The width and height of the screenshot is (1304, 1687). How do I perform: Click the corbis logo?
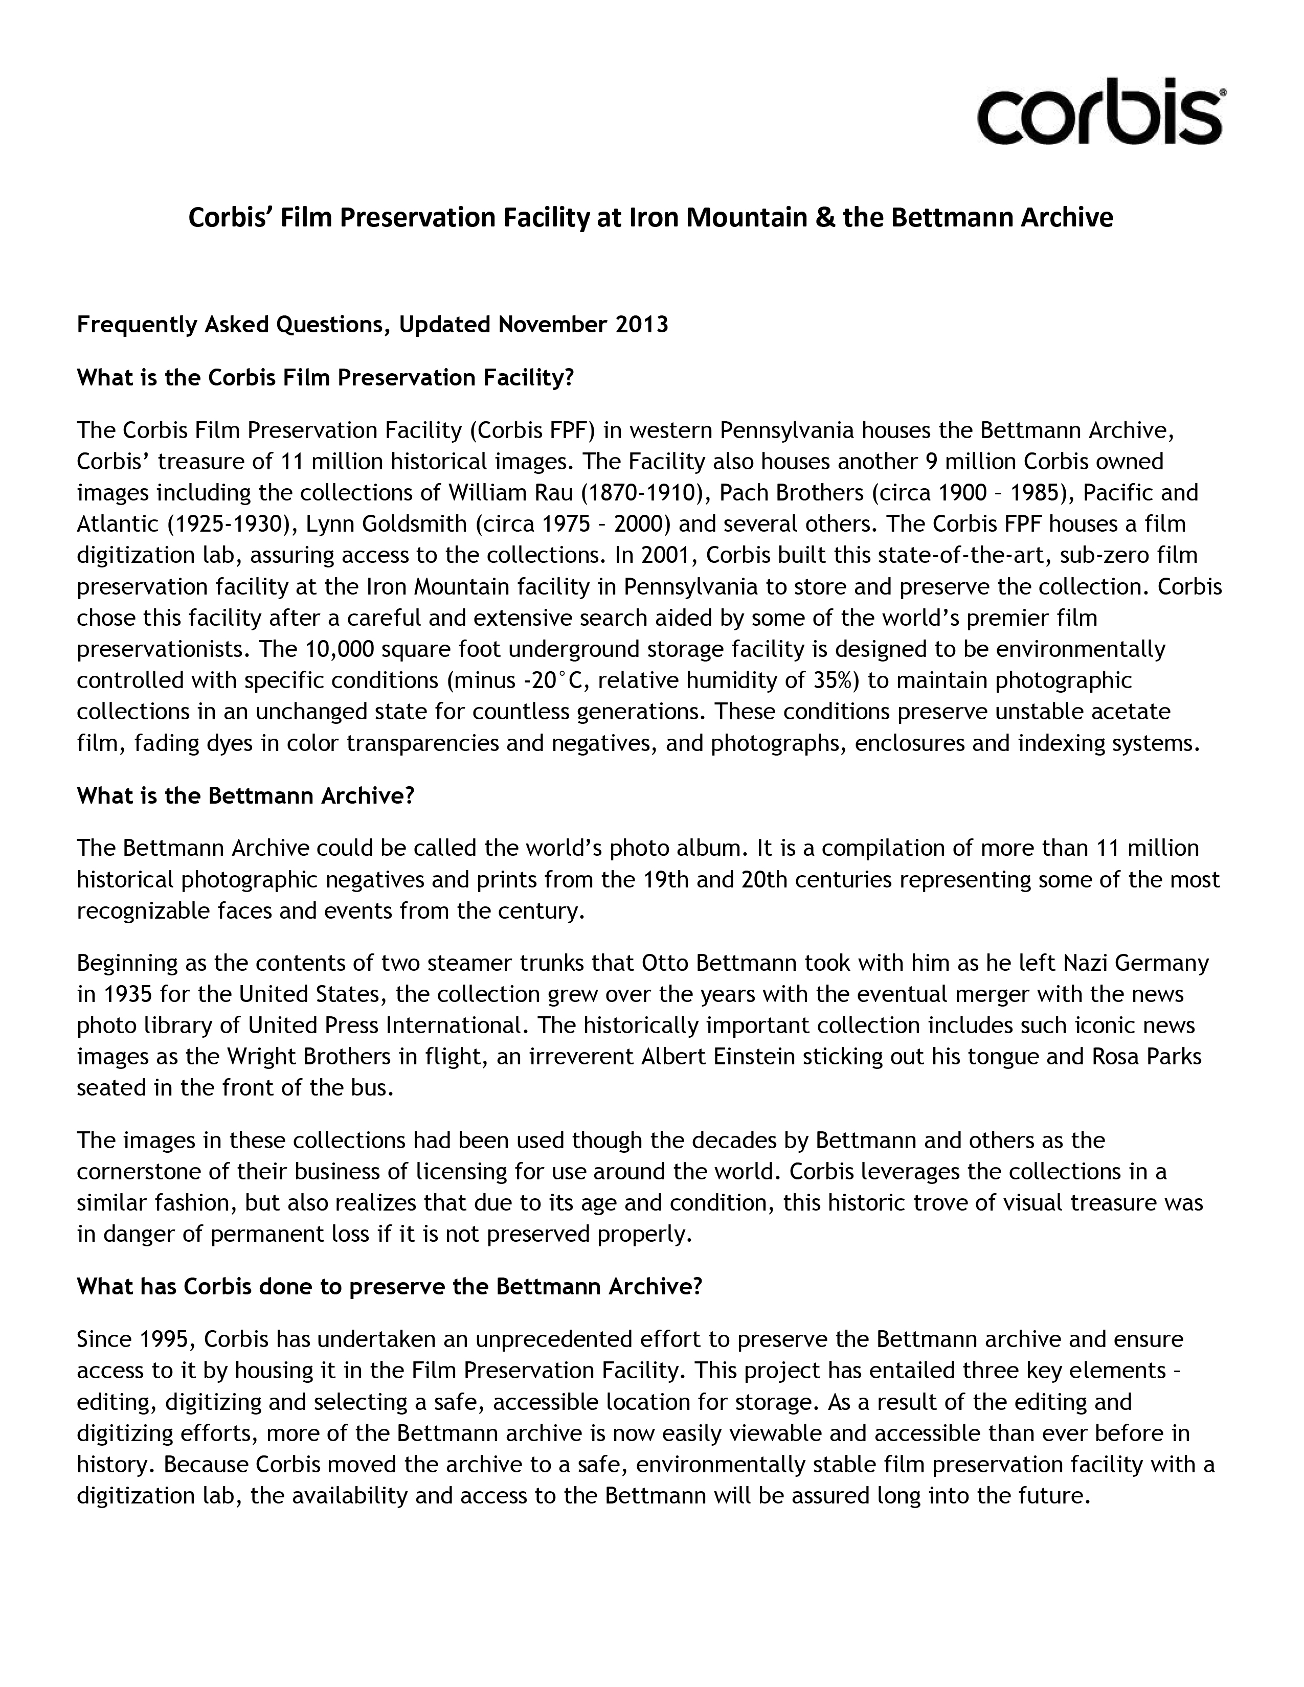coord(1099,111)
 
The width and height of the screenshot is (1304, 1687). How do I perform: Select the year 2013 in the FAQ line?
coord(641,325)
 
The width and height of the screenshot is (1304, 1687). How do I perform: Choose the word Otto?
coord(665,963)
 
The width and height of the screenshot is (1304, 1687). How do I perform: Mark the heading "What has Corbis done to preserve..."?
coord(389,1286)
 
